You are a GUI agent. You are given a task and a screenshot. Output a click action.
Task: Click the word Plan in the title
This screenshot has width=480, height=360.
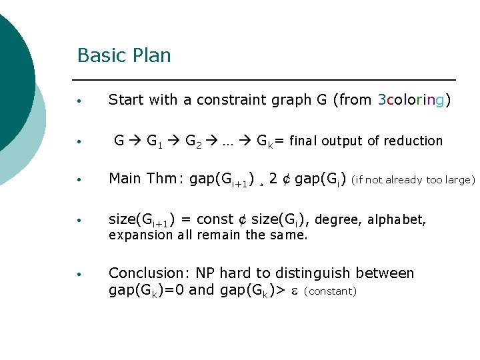[x=152, y=55]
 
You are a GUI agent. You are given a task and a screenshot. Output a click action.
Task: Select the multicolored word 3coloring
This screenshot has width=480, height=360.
[x=413, y=100]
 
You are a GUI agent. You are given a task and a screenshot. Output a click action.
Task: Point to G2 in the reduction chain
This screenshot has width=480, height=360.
[x=194, y=141]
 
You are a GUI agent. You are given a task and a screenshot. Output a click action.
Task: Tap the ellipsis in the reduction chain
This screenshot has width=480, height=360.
[x=229, y=141]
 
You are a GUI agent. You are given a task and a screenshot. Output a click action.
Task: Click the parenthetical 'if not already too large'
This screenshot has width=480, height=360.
[x=413, y=179]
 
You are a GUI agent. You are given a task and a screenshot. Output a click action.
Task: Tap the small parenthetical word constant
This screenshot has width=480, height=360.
[x=331, y=291]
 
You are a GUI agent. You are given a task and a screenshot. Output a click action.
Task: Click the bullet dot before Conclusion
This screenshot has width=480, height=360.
[x=79, y=274]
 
